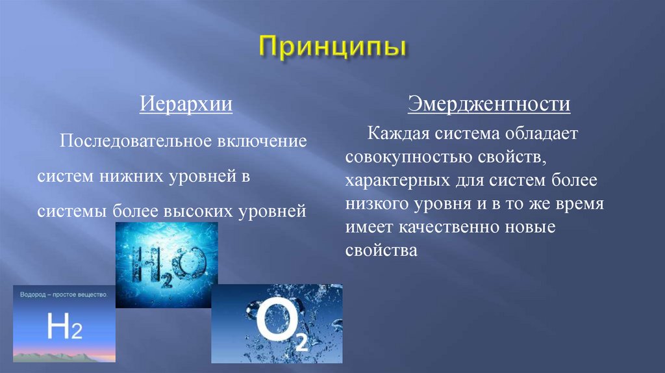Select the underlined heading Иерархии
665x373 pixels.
pyautogui.click(x=187, y=105)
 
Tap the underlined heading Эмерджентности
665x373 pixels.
pyautogui.click(x=489, y=104)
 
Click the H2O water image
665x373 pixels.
pyautogui.click(x=166, y=264)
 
